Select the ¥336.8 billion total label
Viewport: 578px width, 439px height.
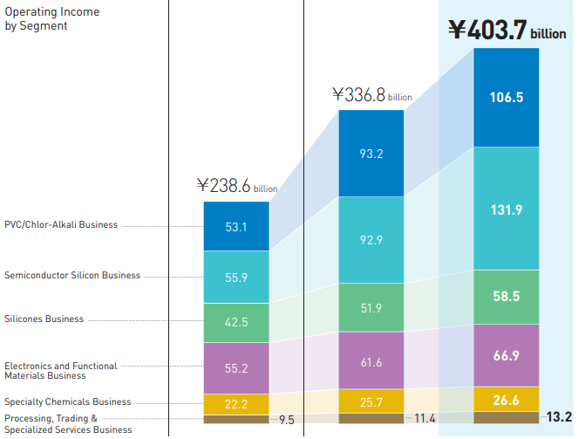[371, 95]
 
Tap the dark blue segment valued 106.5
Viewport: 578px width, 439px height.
[507, 98]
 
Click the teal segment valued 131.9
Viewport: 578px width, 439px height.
[507, 209]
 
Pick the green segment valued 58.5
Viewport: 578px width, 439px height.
[507, 297]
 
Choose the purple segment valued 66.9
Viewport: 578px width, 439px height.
[507, 355]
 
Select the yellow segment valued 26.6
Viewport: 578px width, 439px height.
[507, 400]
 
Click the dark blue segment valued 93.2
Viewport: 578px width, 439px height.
[371, 154]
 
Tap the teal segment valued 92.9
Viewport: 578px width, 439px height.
[371, 239]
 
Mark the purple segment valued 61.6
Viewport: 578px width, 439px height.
[371, 361]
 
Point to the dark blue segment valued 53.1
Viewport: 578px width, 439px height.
[236, 227]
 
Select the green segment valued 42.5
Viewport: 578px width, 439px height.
[236, 323]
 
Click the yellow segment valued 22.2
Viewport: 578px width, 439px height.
[236, 403]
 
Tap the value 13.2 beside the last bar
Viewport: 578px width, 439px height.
[559, 416]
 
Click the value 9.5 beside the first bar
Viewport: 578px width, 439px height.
[287, 420]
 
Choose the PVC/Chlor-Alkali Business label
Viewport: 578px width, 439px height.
[61, 225]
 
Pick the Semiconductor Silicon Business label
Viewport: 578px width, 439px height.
[72, 276]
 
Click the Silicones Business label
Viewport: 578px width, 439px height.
[44, 319]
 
